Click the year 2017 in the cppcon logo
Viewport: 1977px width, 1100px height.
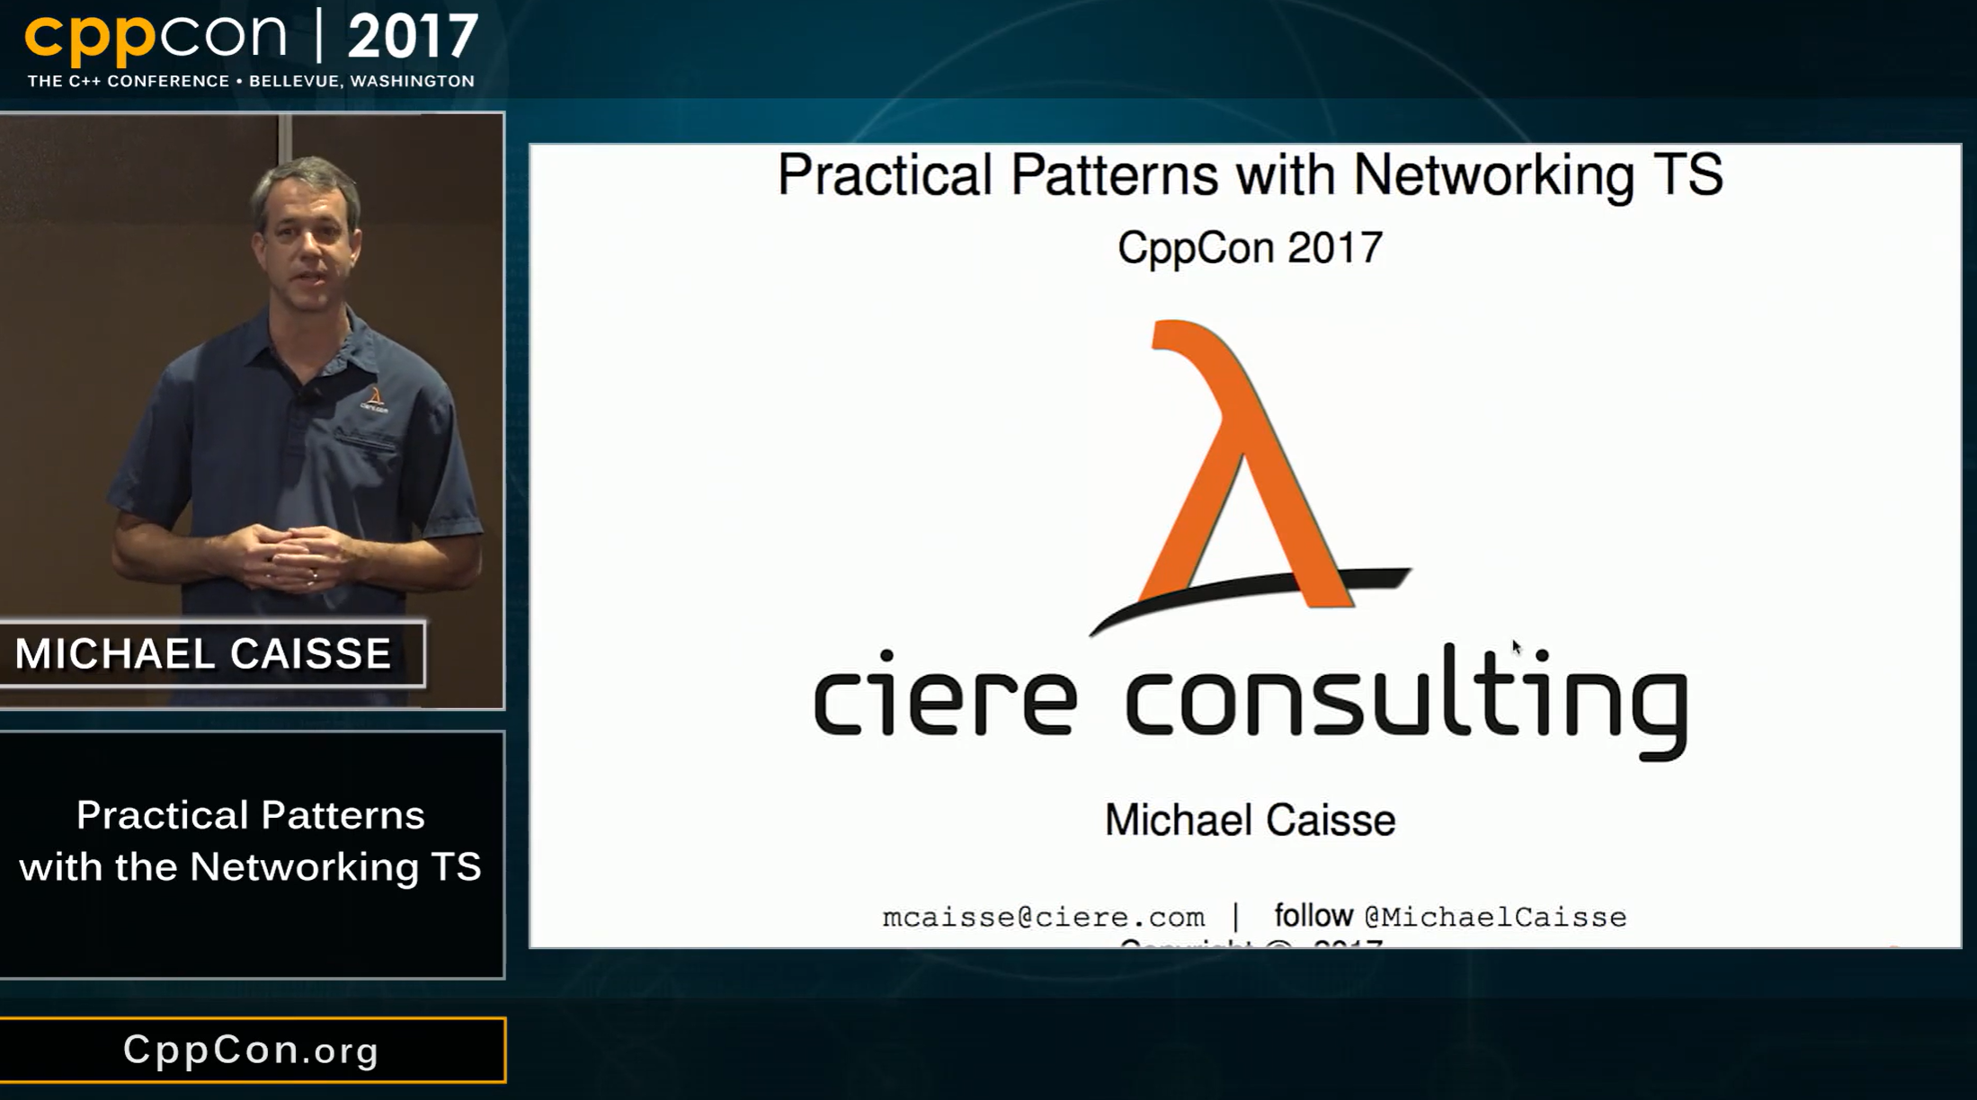click(413, 37)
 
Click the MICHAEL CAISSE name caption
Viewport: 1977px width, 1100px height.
click(203, 653)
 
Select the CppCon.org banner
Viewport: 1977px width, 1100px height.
click(252, 1050)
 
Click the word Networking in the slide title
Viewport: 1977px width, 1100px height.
click(1493, 174)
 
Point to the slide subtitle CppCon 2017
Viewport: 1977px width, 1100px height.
click(1250, 247)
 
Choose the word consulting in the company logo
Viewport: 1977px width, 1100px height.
click(1407, 701)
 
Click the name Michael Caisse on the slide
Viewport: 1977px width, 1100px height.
click(1250, 820)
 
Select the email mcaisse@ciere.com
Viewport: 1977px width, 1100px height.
click(1043, 918)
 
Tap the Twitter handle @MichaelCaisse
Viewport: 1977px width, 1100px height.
click(1496, 918)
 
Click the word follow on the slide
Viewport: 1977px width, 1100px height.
click(1314, 916)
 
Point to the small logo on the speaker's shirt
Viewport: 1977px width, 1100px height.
click(374, 399)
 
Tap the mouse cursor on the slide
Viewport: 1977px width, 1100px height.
click(1516, 646)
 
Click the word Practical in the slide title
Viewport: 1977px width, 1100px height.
click(885, 174)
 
